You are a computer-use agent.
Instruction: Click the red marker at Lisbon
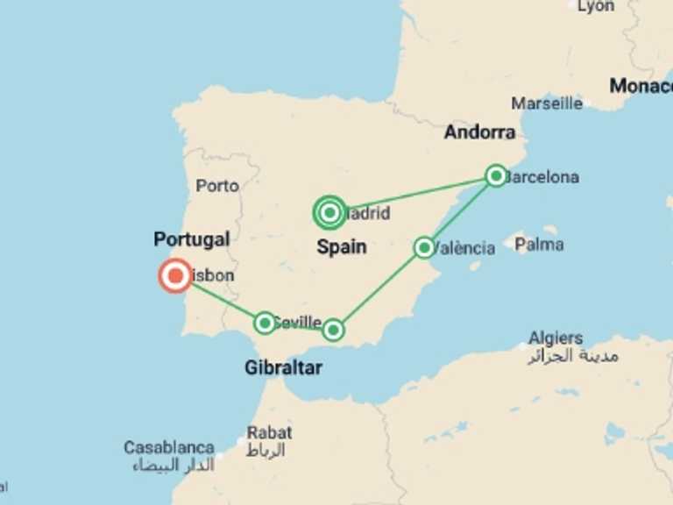[x=175, y=276]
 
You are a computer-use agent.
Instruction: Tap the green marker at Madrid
[x=329, y=212]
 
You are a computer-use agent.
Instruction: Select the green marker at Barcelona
[x=496, y=176]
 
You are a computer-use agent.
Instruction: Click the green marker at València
[x=424, y=247]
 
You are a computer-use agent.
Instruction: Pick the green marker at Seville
[x=265, y=323]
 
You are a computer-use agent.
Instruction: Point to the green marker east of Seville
[x=333, y=330]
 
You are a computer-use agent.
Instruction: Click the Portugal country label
[x=191, y=239]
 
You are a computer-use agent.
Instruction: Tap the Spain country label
[x=342, y=247]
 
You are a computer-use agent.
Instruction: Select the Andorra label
[x=479, y=132]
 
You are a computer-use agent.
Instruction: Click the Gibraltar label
[x=283, y=367]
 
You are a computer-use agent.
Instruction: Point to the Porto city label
[x=217, y=186]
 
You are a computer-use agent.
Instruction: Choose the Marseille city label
[x=547, y=103]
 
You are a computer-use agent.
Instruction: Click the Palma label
[x=539, y=245]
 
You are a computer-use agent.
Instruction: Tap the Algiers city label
[x=556, y=338]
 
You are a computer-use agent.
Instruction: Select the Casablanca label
[x=169, y=447]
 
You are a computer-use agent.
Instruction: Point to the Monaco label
[x=641, y=86]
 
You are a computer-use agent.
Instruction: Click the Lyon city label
[x=596, y=6]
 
